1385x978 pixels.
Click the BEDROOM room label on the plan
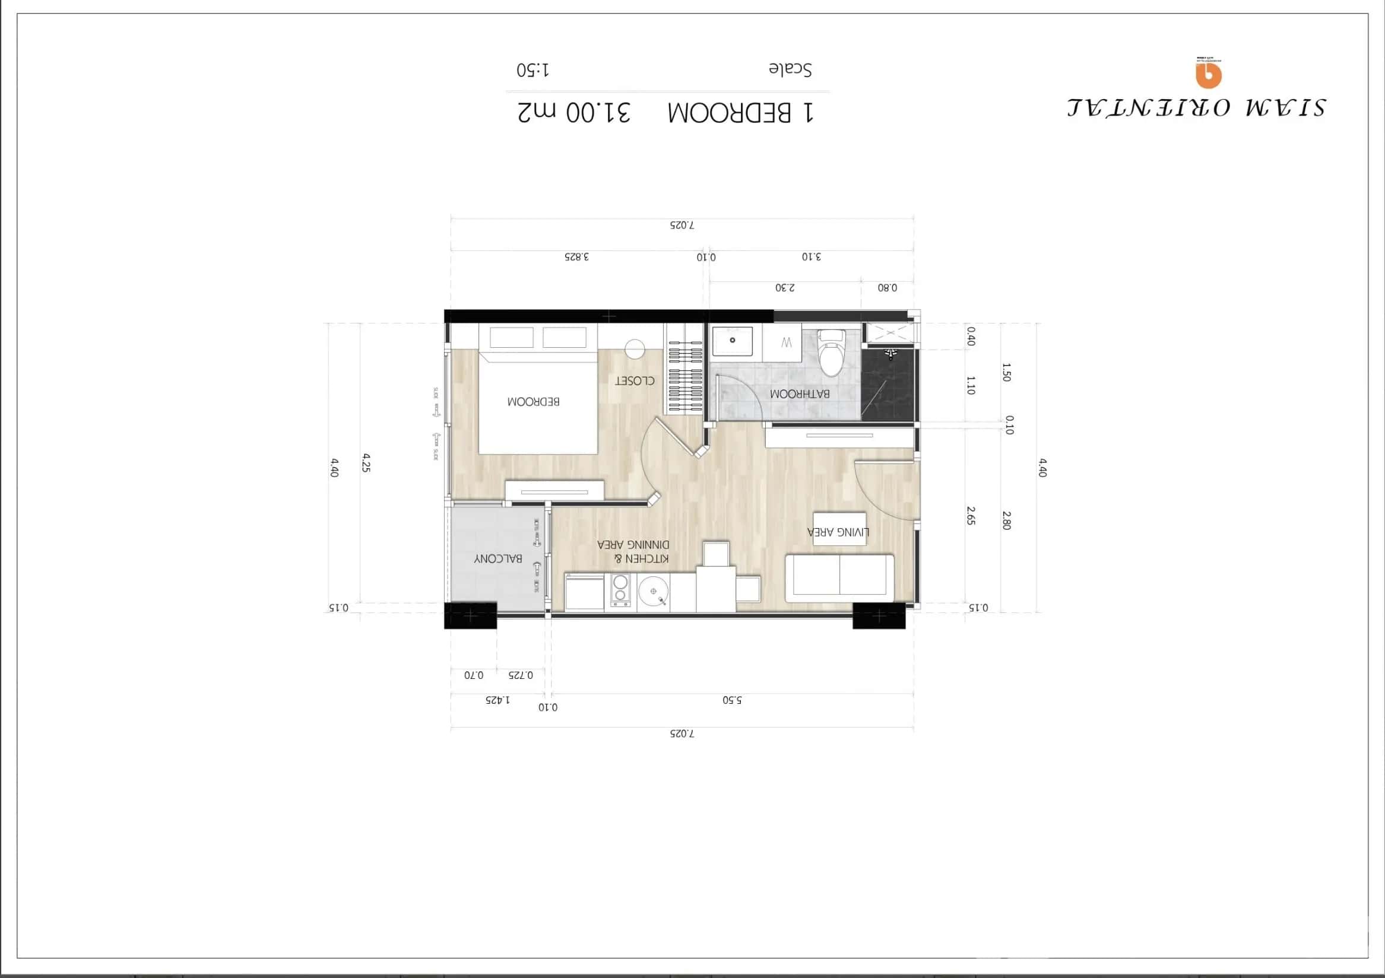(x=533, y=402)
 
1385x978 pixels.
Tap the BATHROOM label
(x=799, y=394)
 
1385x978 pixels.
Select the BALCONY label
(x=497, y=559)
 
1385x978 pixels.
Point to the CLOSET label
(x=635, y=381)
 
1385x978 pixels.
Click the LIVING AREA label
(x=838, y=532)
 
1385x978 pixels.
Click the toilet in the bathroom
(x=832, y=353)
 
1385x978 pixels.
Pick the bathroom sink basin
(x=733, y=341)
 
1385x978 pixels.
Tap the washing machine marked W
(x=786, y=343)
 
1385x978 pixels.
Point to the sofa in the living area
(x=839, y=577)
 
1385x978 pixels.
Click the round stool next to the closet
(x=635, y=348)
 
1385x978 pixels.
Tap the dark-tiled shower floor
(x=889, y=386)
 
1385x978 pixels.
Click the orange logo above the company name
(x=1208, y=74)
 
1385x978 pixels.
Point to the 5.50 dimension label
(x=732, y=700)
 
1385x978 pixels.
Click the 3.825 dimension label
(x=576, y=257)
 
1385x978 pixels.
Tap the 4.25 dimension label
(x=366, y=463)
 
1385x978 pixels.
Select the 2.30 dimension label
(x=785, y=288)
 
